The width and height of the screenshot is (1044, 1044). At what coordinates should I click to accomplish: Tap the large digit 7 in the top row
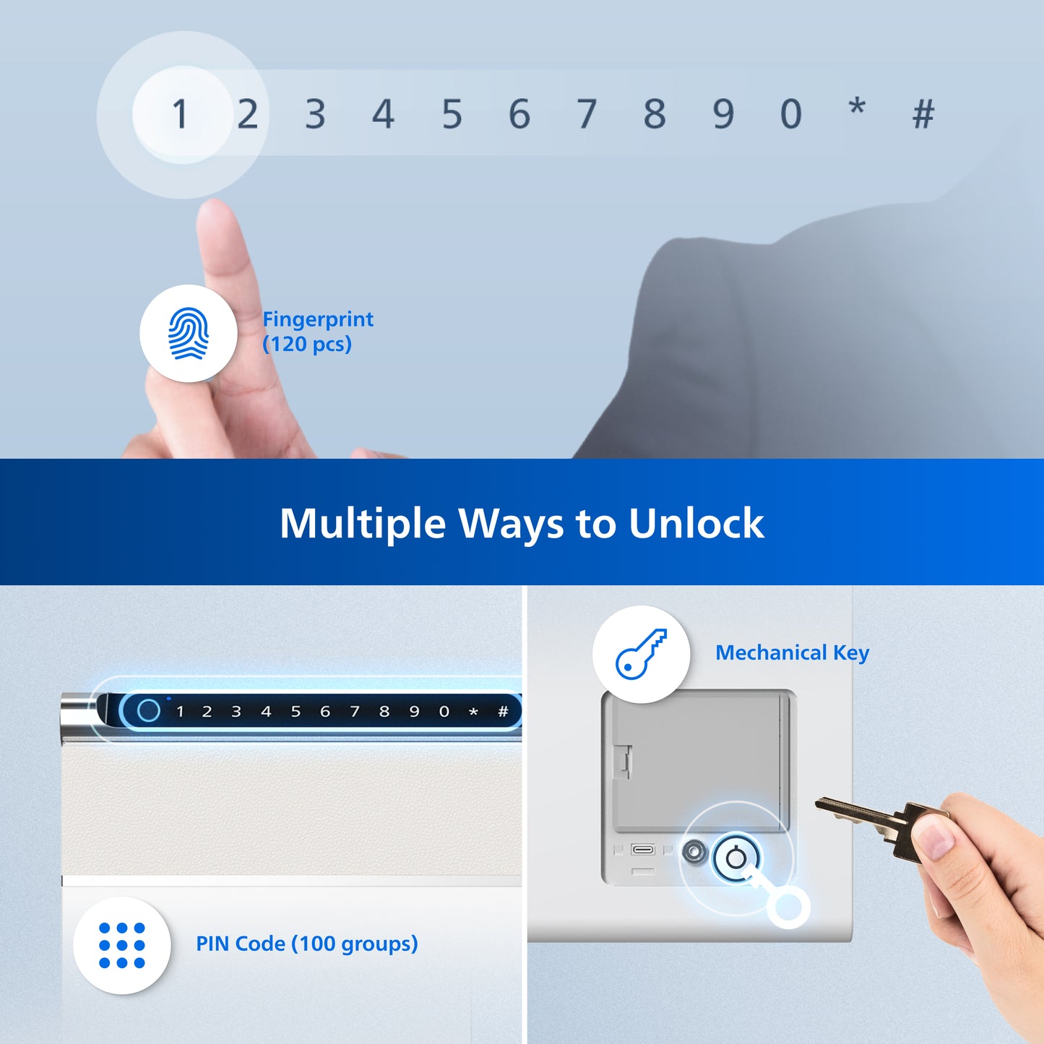586,114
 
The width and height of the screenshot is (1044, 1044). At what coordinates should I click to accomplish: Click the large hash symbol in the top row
924,114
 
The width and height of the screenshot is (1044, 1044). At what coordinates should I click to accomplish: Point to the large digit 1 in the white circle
180,114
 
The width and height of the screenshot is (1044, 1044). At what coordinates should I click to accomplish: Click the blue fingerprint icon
189,333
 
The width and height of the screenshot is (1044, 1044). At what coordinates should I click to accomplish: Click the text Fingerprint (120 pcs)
318,332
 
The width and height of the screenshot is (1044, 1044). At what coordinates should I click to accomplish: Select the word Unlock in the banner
696,523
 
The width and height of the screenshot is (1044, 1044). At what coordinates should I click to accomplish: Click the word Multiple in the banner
363,525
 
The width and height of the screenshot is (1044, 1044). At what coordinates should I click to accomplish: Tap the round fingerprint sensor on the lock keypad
148,711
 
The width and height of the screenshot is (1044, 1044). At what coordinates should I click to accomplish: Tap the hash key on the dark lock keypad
503,712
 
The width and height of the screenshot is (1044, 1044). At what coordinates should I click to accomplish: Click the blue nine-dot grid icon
122,946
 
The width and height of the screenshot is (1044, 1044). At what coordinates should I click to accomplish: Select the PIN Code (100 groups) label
306,944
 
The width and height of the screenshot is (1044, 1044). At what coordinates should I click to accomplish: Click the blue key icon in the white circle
642,654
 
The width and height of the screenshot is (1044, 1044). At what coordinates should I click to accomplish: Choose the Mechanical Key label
792,653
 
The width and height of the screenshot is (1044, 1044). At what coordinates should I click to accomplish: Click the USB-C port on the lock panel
643,849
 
